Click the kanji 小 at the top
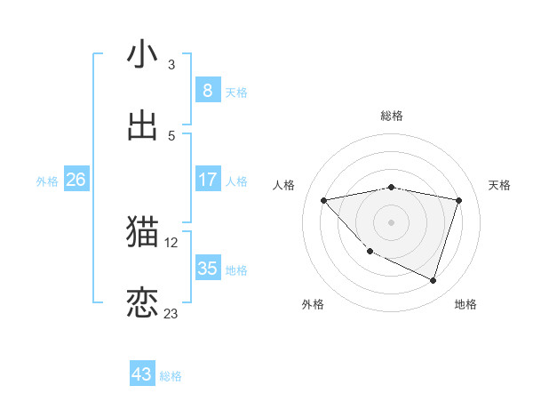[x=143, y=55]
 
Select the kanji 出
[x=143, y=125]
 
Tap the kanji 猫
[x=143, y=232]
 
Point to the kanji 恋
[x=143, y=303]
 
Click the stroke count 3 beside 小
[x=171, y=65]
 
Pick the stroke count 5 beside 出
[x=171, y=136]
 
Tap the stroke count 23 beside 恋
[x=171, y=314]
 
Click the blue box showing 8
[x=207, y=90]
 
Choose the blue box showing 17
[x=207, y=180]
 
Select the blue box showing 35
[x=207, y=269]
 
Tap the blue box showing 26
[x=76, y=180]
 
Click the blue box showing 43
[x=142, y=374]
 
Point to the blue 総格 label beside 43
[x=171, y=376]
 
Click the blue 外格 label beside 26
[x=47, y=181]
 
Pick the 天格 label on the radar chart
[x=499, y=185]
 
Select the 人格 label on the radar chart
[x=283, y=185]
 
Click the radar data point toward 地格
[x=433, y=280]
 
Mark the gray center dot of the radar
[x=391, y=221]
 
